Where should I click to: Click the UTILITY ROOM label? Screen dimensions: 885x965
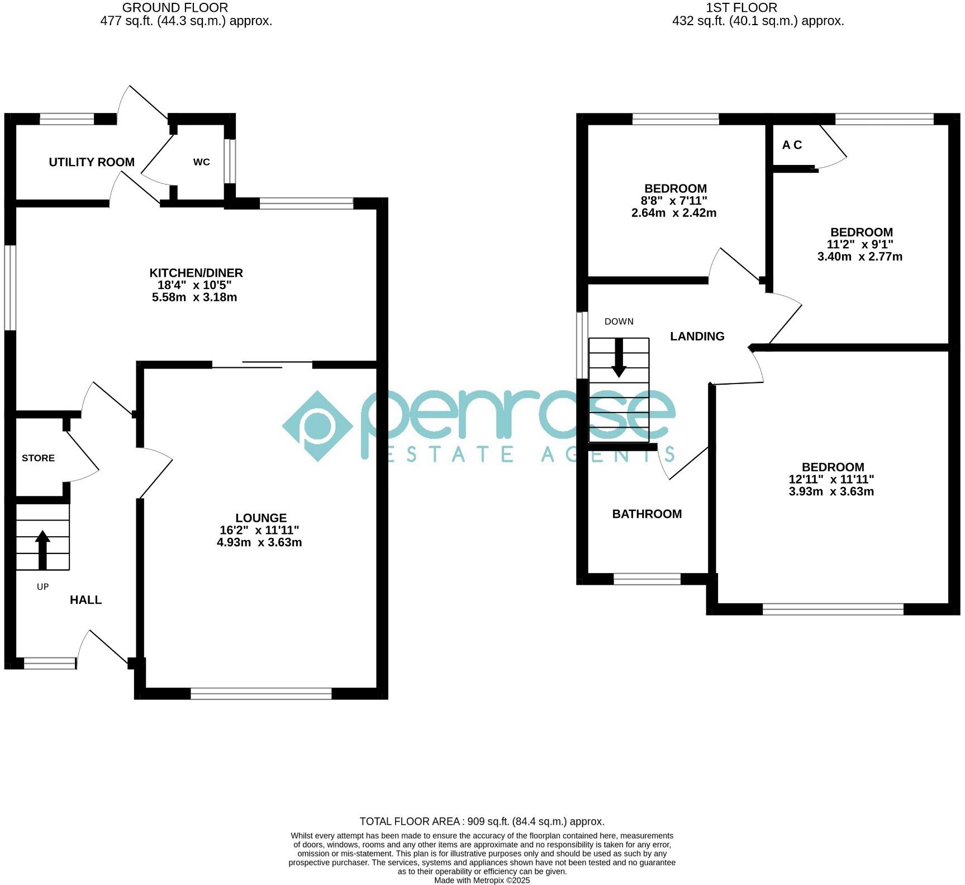click(x=92, y=162)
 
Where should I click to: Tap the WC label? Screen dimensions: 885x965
click(x=201, y=162)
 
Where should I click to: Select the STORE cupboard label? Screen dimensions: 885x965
click(x=38, y=458)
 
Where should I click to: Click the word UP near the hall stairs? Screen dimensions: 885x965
click(x=42, y=586)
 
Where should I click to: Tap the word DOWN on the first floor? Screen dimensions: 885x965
click(x=619, y=321)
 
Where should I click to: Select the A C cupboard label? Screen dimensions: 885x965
click(x=792, y=145)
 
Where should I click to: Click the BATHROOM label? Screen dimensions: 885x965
click(x=646, y=514)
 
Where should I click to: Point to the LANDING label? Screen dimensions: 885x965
click(x=697, y=336)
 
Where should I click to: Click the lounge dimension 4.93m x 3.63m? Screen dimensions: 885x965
click(x=259, y=542)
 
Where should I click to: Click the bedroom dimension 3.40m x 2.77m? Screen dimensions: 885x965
click(x=859, y=257)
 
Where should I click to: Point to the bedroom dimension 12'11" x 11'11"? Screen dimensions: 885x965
click(x=831, y=479)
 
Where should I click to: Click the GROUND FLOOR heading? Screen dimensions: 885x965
click(x=175, y=8)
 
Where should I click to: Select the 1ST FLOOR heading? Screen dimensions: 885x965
click(x=741, y=8)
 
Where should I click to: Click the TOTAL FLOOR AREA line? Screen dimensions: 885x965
click(x=482, y=821)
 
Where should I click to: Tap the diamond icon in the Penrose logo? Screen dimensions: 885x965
click(x=317, y=426)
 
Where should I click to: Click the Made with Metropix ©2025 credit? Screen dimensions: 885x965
click(x=482, y=880)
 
